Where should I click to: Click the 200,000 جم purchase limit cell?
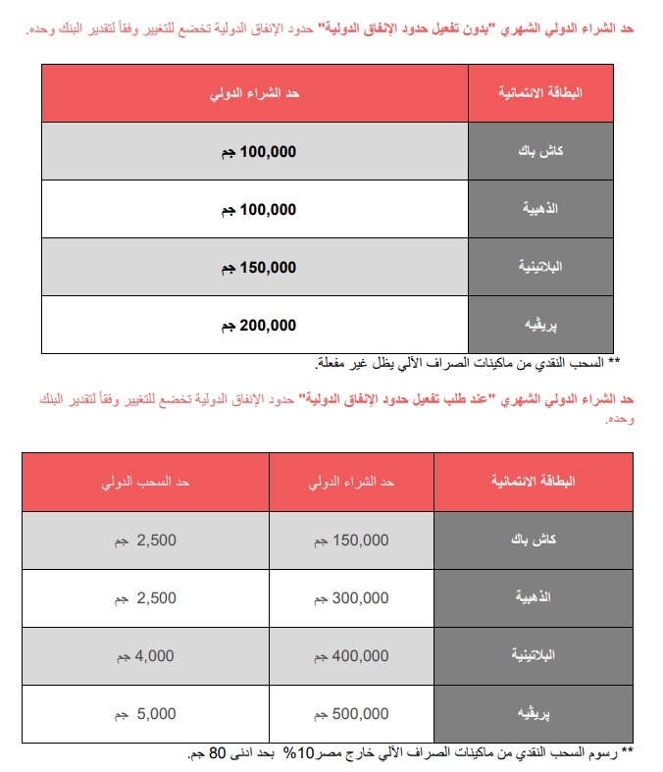click(x=254, y=325)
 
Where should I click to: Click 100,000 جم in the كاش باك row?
click(x=254, y=152)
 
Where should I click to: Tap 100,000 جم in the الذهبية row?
click(x=254, y=209)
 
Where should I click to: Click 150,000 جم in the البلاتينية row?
click(x=254, y=267)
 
